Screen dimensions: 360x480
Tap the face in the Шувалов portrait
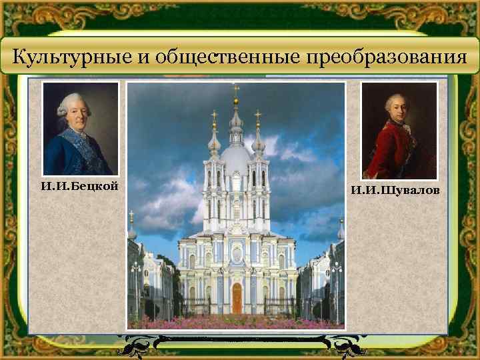[x=397, y=111]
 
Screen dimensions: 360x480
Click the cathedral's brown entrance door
[x=236, y=298]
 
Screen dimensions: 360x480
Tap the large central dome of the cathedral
[x=236, y=159]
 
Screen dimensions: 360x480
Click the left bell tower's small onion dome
[x=214, y=142]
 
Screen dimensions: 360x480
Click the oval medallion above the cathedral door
[x=236, y=254]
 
